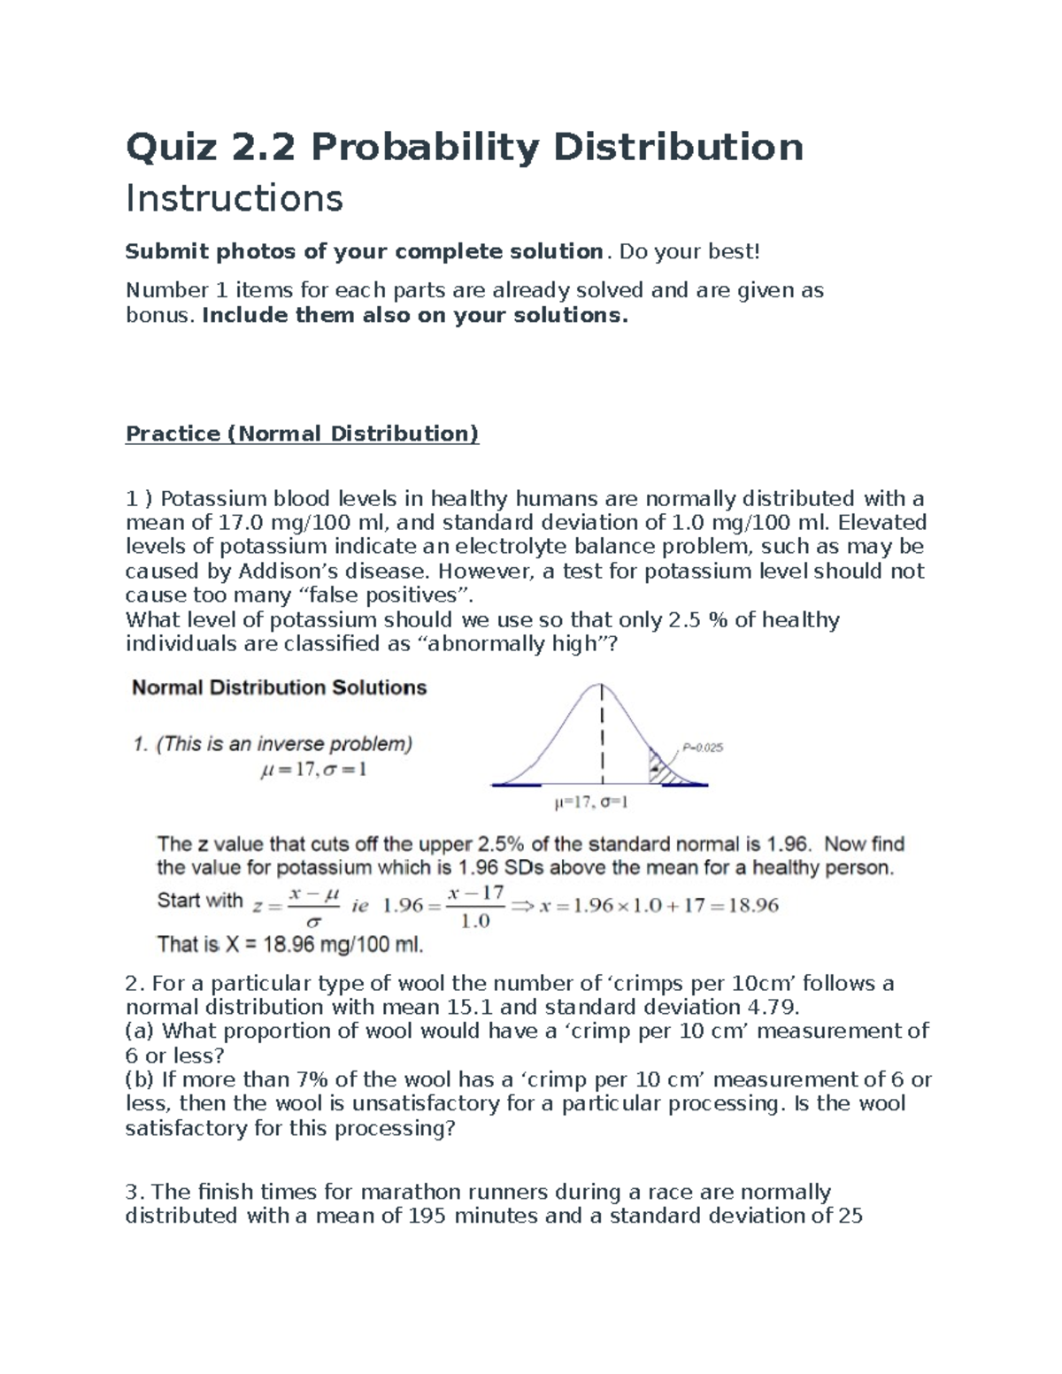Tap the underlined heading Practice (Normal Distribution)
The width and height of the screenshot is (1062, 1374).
tap(302, 434)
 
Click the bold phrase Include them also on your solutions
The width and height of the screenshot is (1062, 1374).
tap(415, 316)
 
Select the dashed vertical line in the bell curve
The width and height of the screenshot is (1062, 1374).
tap(603, 734)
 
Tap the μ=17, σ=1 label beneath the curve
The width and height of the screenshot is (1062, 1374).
tap(590, 803)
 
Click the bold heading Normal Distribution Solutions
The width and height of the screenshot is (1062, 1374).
tap(279, 687)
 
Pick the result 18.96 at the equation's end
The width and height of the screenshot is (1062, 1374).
tap(752, 906)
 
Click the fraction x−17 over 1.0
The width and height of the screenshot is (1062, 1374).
tap(475, 907)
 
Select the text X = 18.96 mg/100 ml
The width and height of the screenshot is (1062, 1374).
tap(324, 945)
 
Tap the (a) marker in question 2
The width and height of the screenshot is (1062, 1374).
tap(140, 1031)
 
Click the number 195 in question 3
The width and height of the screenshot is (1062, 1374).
tap(427, 1216)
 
